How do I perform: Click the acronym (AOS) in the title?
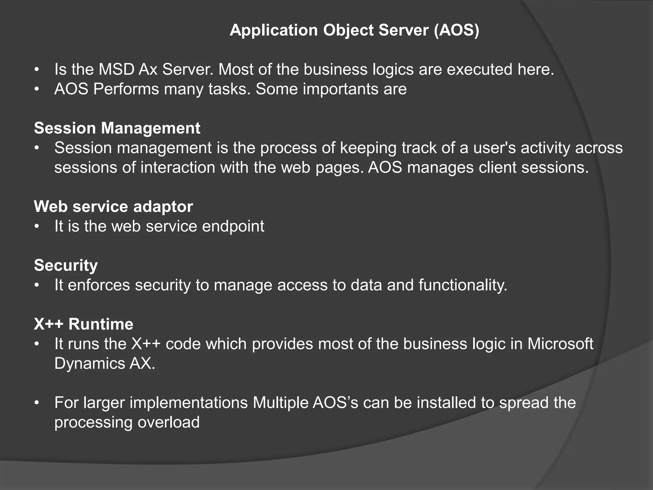[x=456, y=30]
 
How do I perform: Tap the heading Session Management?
[x=117, y=128]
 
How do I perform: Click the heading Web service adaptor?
[x=113, y=207]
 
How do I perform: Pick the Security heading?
[x=66, y=265]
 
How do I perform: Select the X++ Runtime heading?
[x=84, y=324]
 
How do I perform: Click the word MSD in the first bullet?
[x=116, y=69]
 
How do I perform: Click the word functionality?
[x=463, y=285]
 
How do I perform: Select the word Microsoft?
[x=560, y=344]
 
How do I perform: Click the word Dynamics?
[x=89, y=363]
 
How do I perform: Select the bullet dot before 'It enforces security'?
[x=37, y=285]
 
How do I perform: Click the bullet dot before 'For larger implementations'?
[x=37, y=403]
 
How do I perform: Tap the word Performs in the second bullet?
[x=126, y=89]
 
